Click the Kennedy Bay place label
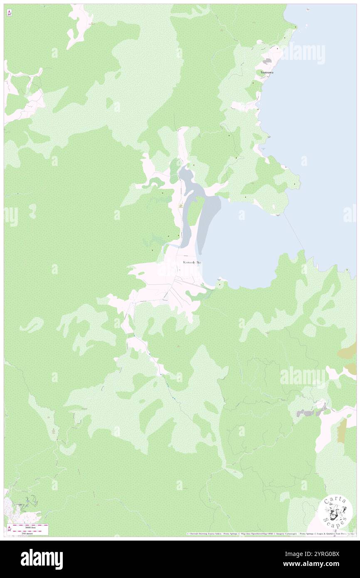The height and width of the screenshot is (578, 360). click(x=192, y=262)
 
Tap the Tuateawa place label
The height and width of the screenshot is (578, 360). click(x=267, y=72)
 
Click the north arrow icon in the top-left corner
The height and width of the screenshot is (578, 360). click(x=9, y=13)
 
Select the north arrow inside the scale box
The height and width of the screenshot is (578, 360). click(x=9, y=529)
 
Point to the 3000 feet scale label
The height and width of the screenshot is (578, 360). click(x=30, y=527)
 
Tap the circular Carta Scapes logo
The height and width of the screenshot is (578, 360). click(x=335, y=513)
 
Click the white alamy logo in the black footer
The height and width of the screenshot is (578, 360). click(x=42, y=559)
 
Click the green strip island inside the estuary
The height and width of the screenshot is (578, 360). click(x=194, y=212)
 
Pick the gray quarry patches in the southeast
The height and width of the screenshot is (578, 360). click(x=310, y=412)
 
